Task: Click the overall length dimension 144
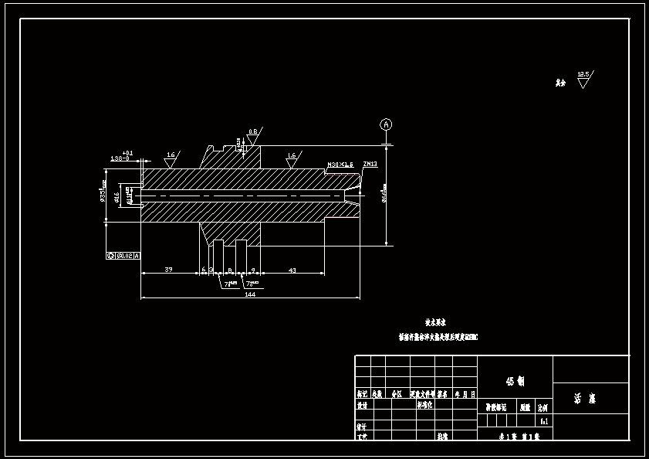pyautogui.click(x=249, y=294)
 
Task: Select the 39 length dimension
pyautogui.click(x=168, y=270)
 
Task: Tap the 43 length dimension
pyautogui.click(x=292, y=270)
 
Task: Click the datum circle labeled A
pyautogui.click(x=387, y=124)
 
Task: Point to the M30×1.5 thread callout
pyautogui.click(x=340, y=165)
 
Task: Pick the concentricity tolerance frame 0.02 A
pyautogui.click(x=123, y=255)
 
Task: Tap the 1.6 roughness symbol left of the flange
pyautogui.click(x=170, y=158)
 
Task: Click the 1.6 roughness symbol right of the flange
pyautogui.click(x=292, y=159)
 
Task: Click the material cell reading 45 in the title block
pyautogui.click(x=515, y=381)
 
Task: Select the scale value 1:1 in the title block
pyautogui.click(x=544, y=422)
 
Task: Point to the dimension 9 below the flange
pyautogui.click(x=253, y=270)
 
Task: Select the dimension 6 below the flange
pyautogui.click(x=204, y=270)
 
